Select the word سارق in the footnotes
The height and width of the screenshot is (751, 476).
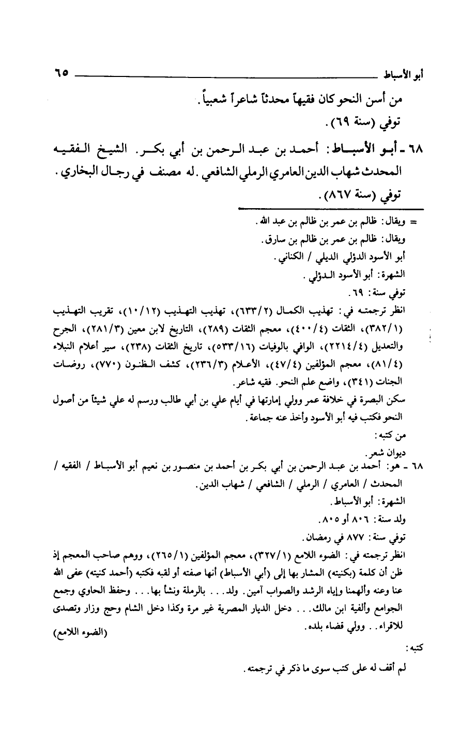273,240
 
